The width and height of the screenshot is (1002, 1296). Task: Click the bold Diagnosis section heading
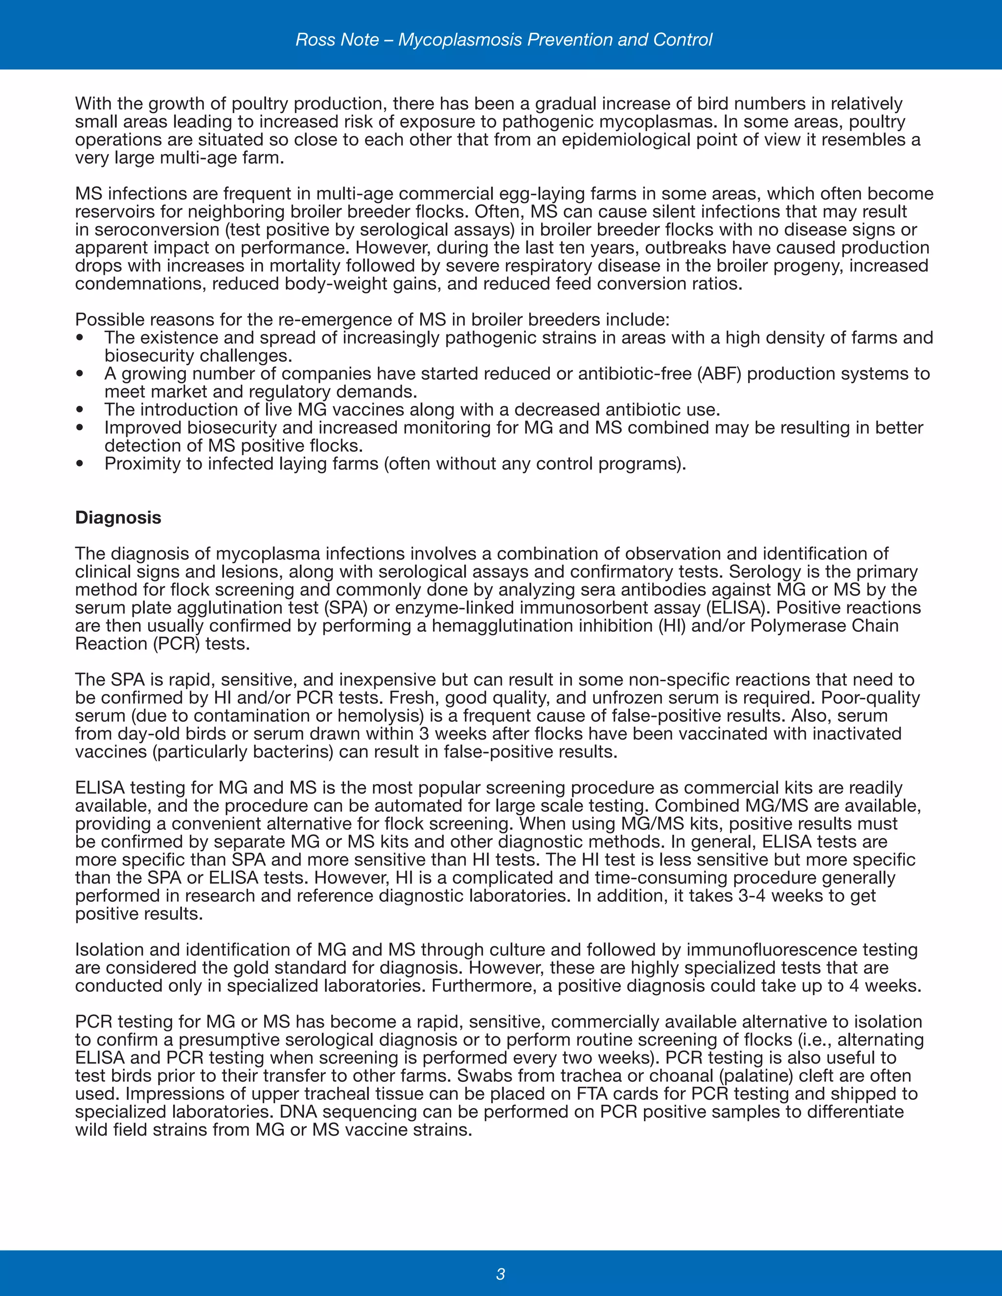[x=118, y=517]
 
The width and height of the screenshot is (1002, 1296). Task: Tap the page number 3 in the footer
[x=501, y=1274]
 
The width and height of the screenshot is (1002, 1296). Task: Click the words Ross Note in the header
[x=337, y=40]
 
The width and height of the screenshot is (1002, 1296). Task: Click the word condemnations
[x=141, y=284]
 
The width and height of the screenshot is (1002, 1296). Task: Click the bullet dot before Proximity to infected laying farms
[x=80, y=464]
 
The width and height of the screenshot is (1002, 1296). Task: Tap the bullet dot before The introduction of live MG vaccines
[x=80, y=410]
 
